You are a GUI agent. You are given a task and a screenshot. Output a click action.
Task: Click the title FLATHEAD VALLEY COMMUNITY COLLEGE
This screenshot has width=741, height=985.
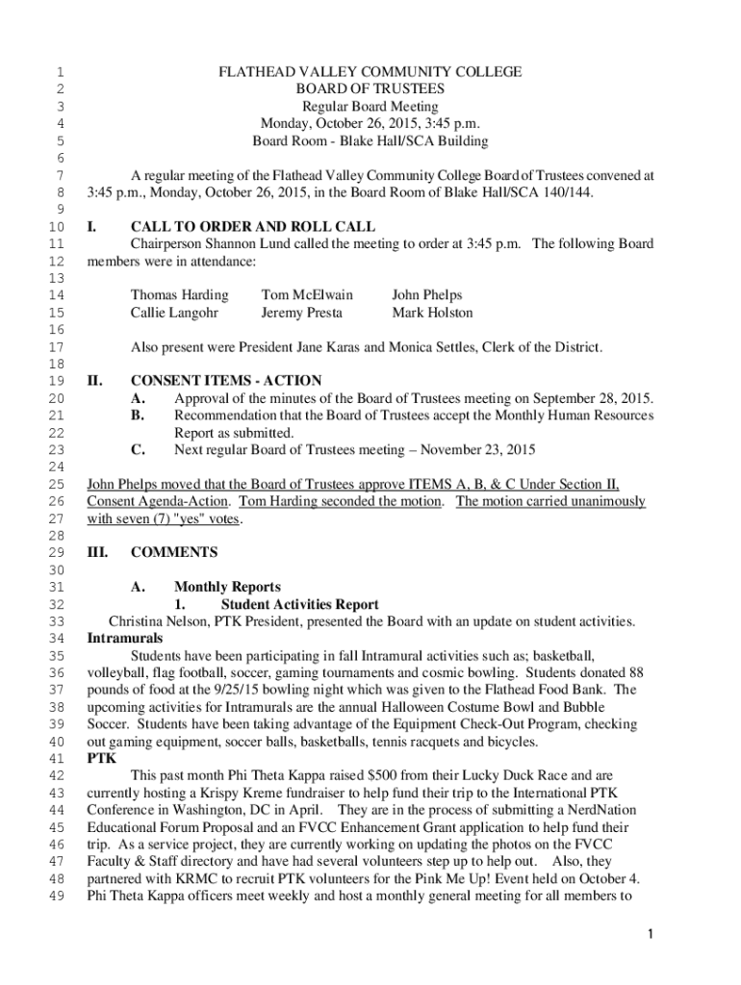[x=370, y=72]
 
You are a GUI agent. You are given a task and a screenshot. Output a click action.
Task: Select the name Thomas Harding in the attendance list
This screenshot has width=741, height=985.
[x=180, y=295]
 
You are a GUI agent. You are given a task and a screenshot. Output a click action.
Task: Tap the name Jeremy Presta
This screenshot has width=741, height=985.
[x=301, y=313]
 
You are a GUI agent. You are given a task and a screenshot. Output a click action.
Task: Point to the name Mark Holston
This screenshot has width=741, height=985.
[x=432, y=313]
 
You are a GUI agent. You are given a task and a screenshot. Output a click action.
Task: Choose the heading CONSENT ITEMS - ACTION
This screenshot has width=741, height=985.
[x=226, y=381]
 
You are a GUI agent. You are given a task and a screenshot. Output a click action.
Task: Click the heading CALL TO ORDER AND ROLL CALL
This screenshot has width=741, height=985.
[x=253, y=227]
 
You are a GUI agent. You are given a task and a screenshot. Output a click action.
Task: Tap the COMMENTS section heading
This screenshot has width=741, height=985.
[x=174, y=552]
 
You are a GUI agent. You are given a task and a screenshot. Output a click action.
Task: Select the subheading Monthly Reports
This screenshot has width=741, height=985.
[x=227, y=587]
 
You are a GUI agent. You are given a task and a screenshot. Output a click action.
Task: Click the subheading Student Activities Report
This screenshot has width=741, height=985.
[x=299, y=604]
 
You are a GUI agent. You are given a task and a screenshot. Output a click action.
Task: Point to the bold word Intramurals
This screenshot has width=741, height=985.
[x=125, y=638]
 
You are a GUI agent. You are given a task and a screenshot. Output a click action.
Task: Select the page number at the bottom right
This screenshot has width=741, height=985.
[x=652, y=935]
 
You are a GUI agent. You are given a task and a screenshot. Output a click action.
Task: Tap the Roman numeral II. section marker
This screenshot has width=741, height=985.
[x=94, y=381]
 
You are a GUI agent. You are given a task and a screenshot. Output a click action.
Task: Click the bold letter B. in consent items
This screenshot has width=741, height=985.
[x=138, y=416]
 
